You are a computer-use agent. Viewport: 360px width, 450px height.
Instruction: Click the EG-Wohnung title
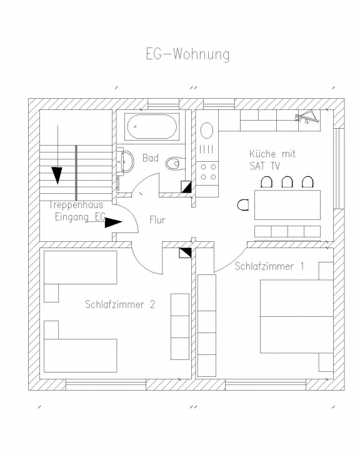pos(187,54)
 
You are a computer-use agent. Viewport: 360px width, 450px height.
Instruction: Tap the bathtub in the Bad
pos(152,126)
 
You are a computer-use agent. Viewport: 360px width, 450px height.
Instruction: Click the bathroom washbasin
pos(126,161)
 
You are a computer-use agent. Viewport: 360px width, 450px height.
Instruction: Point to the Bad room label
pos(151,158)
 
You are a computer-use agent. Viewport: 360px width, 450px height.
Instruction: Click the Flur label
pos(157,220)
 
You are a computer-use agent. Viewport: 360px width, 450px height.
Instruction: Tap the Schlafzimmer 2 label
pos(120,304)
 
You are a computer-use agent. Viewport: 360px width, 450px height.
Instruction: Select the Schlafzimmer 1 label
pos(269,266)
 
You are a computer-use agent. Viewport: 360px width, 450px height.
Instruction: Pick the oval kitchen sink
pos(207,131)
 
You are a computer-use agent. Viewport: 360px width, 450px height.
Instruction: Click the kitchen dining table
pos(287,205)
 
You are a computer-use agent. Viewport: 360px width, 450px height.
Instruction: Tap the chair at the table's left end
pos(243,205)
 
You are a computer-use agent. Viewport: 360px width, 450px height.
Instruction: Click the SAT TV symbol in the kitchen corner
pos(307,117)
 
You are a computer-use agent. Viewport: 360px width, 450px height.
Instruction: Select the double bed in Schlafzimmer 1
pos(296,316)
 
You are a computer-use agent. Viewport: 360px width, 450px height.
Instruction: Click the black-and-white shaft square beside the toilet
pos(187,187)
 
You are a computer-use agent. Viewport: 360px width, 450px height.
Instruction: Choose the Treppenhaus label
pos(76,205)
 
